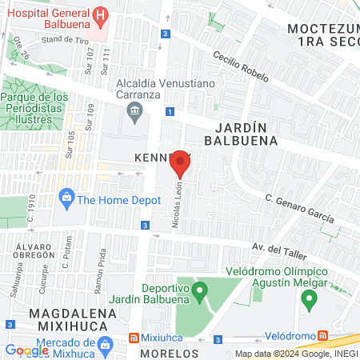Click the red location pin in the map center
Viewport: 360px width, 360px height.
click(x=181, y=163)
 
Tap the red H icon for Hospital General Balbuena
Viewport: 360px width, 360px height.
click(x=100, y=14)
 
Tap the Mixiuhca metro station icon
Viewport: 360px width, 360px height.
click(x=134, y=337)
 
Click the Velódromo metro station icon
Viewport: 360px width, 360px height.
click(x=322, y=335)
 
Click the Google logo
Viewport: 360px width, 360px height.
click(x=26, y=350)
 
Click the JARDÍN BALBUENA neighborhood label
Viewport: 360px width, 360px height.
click(x=246, y=132)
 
